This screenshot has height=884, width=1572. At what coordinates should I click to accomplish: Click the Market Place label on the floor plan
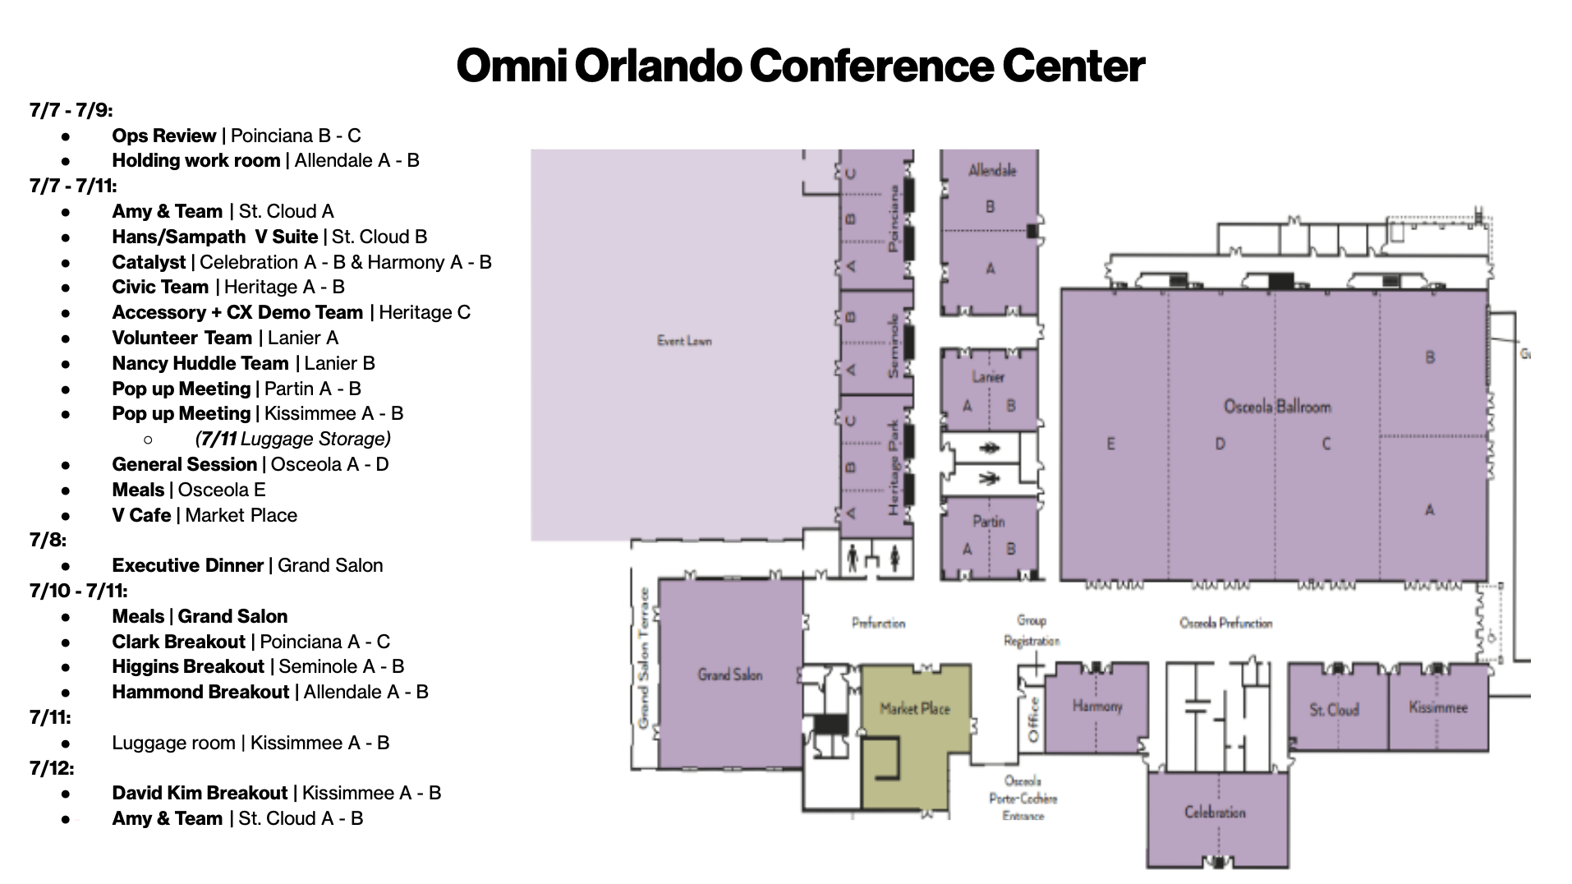pos(914,708)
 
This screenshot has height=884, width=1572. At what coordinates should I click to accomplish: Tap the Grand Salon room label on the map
pos(730,675)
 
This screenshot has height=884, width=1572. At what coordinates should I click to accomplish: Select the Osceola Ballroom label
pos(1277,406)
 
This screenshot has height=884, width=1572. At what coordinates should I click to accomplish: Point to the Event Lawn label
pos(684,340)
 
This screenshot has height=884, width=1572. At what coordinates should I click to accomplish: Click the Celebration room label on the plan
pos(1215,812)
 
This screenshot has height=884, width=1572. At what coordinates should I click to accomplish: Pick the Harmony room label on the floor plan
pos(1096,706)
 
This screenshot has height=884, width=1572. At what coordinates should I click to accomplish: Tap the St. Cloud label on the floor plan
pos(1334,709)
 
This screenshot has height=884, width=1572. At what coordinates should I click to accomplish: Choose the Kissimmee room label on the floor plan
pos(1437,707)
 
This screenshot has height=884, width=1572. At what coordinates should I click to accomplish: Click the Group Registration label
pos(1032,630)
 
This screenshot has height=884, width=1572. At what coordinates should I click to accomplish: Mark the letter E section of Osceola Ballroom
pos(1110,444)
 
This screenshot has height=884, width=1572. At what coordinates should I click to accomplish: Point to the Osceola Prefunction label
pos(1225,623)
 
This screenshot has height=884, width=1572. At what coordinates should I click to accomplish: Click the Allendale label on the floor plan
pos(992,171)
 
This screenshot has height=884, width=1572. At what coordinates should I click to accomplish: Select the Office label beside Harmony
pos(1033,720)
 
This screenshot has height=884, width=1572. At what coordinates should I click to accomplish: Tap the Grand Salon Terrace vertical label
pos(644,657)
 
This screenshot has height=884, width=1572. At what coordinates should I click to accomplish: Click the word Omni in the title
pos(511,66)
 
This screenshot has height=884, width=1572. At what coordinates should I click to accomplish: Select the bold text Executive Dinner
pos(187,565)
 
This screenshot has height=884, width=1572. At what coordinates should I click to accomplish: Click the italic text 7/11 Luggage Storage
pos(292,439)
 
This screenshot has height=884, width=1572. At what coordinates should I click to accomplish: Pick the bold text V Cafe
pos(141,515)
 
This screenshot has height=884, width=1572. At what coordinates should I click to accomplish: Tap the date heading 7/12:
pos(52,768)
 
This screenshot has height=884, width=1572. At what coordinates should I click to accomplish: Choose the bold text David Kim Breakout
pos(200,793)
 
